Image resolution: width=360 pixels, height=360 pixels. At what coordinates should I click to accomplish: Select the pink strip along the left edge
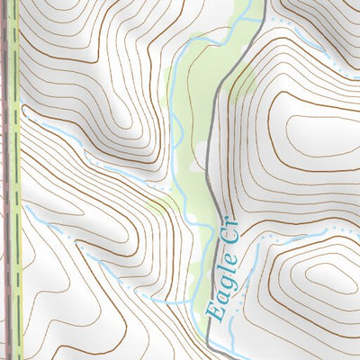pos(6,180)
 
